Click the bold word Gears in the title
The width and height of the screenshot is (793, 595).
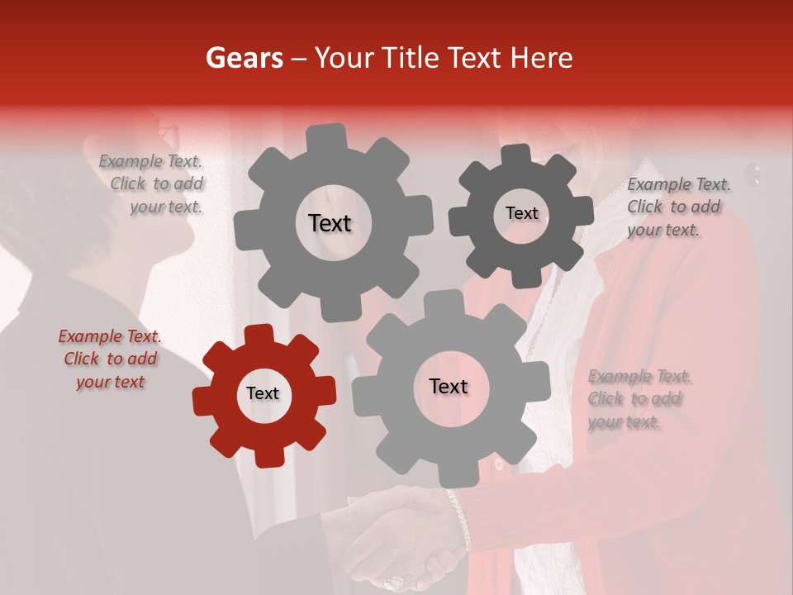pyautogui.click(x=243, y=58)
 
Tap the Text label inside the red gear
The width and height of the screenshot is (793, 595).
pyautogui.click(x=263, y=394)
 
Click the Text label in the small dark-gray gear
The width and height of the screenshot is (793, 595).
pyautogui.click(x=521, y=213)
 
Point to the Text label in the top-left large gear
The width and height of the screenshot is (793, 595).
pyautogui.click(x=330, y=223)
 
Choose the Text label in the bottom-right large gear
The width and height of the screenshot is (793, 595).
pyautogui.click(x=449, y=387)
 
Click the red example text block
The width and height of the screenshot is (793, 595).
pyautogui.click(x=110, y=359)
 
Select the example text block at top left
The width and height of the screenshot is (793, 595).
pyautogui.click(x=152, y=184)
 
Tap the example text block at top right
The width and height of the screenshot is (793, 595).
pyautogui.click(x=677, y=207)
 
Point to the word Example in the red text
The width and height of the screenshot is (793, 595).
pyautogui.click(x=89, y=336)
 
